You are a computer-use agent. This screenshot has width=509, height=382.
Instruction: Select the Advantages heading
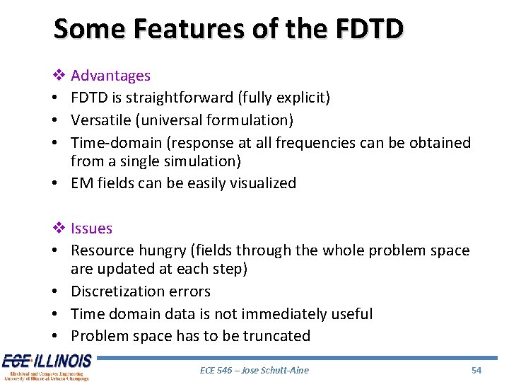(x=110, y=76)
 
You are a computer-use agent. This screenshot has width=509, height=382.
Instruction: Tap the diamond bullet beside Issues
(x=59, y=228)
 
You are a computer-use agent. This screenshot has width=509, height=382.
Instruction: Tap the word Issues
(x=91, y=228)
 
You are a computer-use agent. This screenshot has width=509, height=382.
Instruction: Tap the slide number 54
(x=476, y=370)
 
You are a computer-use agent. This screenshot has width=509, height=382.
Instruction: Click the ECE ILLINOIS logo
(x=46, y=366)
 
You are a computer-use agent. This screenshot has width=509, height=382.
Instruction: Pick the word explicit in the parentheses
(x=302, y=98)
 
